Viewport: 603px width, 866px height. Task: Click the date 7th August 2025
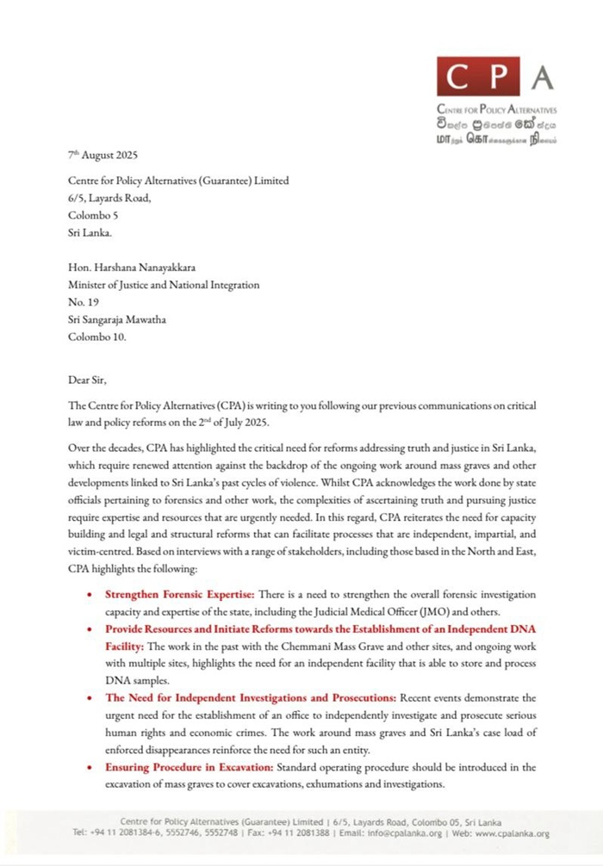(x=102, y=156)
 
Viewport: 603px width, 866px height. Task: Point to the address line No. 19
(x=84, y=302)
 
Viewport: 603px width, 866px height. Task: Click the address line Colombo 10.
(x=97, y=337)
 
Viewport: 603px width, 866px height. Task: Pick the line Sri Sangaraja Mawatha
(x=117, y=319)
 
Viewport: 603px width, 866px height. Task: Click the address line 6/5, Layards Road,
(x=110, y=199)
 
